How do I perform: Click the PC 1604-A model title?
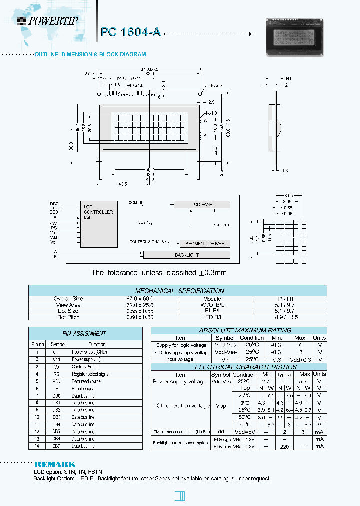coord(130,32)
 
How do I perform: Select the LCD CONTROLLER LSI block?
coord(98,223)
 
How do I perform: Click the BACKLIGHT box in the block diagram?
coord(186,255)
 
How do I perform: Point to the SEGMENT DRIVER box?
coord(205,244)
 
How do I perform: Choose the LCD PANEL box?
coord(202,205)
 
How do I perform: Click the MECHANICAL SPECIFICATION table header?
coord(180,291)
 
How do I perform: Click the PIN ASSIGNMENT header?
coord(84,333)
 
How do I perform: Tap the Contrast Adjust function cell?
coord(86,366)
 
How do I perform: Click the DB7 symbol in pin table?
coord(56,445)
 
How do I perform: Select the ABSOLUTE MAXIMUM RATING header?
coord(238,330)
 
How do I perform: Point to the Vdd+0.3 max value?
coord(300,359)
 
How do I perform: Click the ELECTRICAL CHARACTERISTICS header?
coord(238,367)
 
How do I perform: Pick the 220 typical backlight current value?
coord(284,446)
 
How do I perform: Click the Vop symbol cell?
coord(220,406)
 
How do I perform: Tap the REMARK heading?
coord(55,464)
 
